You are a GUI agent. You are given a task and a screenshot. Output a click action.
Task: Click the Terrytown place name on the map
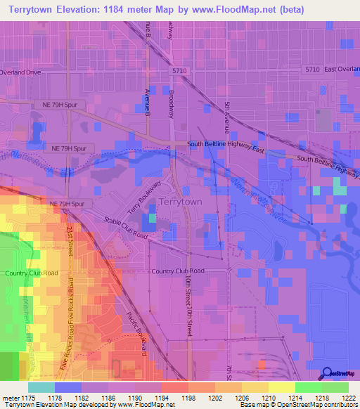181,202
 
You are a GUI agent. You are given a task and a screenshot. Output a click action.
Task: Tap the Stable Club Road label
124,227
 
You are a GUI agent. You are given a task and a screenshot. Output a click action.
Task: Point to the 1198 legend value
188,397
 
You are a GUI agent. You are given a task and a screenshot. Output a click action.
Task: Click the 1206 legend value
242,397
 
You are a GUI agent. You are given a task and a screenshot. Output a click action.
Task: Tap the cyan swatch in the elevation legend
41,387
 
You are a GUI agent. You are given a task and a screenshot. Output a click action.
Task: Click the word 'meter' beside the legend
8,397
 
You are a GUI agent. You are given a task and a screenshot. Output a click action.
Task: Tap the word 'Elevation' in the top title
92,10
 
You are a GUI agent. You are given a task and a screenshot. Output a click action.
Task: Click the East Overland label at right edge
342,69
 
